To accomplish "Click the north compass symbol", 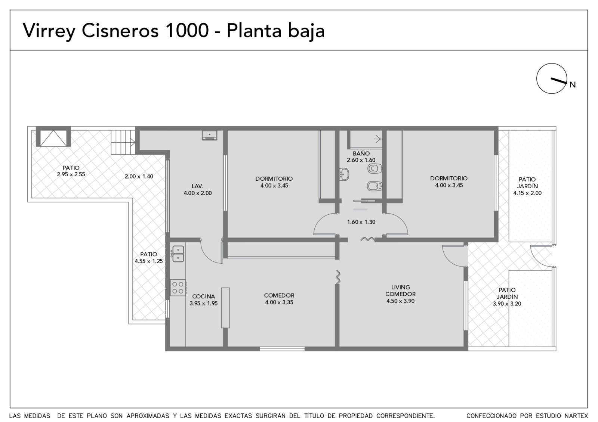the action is click(x=552, y=78).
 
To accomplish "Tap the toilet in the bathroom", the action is click(x=374, y=168).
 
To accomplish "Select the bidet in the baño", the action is click(x=374, y=186).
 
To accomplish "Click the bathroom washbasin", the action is click(x=344, y=174).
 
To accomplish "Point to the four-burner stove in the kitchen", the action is click(x=178, y=288).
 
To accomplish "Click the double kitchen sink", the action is click(x=178, y=254).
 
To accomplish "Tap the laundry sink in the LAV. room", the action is click(x=210, y=135).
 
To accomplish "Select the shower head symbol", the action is click(x=377, y=139).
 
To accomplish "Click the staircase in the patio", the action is click(x=123, y=142).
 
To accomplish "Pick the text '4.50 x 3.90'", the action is click(x=400, y=301).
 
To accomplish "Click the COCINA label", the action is click(x=203, y=297).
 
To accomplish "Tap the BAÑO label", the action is click(x=361, y=153).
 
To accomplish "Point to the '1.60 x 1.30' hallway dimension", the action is click(x=361, y=222).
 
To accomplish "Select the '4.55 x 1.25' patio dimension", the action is click(x=149, y=261).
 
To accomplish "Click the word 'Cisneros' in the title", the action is click(x=120, y=31).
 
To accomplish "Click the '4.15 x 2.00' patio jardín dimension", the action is click(x=527, y=193).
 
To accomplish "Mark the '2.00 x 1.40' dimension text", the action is click(x=139, y=176).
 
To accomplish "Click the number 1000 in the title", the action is click(x=187, y=31).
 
